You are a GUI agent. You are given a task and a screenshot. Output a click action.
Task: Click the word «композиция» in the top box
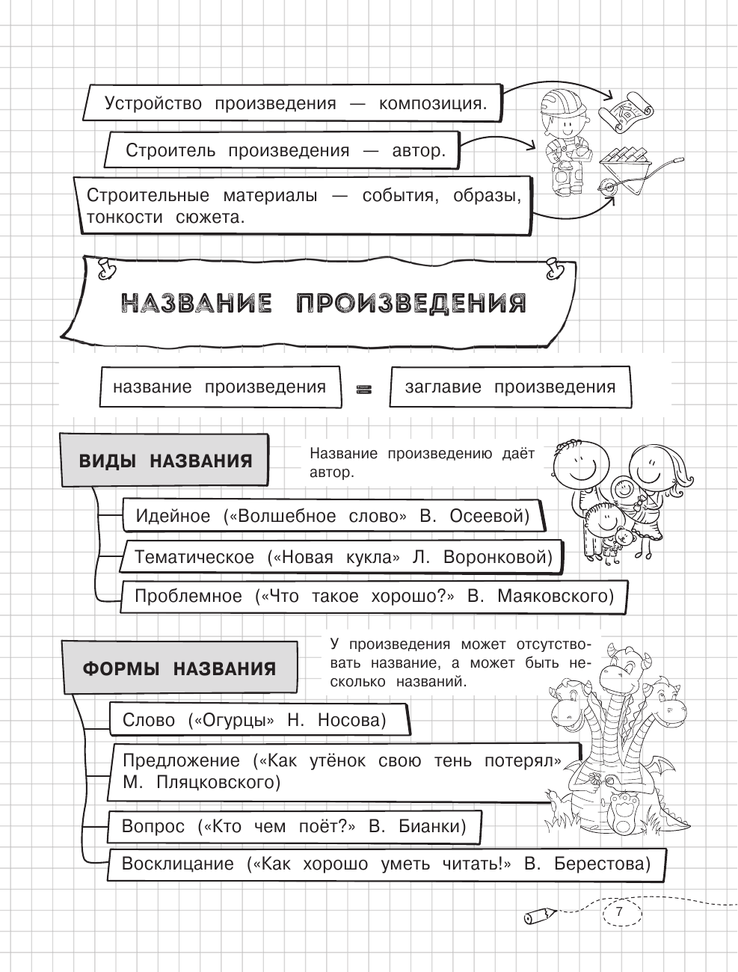pos(432,103)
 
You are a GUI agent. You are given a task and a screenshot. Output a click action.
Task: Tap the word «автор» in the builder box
pos(418,150)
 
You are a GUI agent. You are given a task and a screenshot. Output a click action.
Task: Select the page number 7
pos(619,912)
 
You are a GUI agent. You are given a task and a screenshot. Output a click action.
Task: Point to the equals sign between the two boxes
pos(365,388)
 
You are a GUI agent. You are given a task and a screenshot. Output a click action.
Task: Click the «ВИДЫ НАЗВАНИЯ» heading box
pos(165,461)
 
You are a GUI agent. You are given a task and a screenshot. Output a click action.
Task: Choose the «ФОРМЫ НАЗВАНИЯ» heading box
pos(179,668)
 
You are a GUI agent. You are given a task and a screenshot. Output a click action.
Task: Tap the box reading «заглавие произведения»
pos(510,387)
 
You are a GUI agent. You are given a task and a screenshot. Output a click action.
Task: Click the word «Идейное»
pos(173,516)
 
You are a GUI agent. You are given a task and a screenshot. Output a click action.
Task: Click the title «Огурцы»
pos(234,720)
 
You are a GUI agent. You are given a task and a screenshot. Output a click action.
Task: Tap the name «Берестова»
pos(602,864)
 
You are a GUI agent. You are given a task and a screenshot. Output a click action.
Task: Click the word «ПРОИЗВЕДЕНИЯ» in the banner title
pos(410,304)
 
